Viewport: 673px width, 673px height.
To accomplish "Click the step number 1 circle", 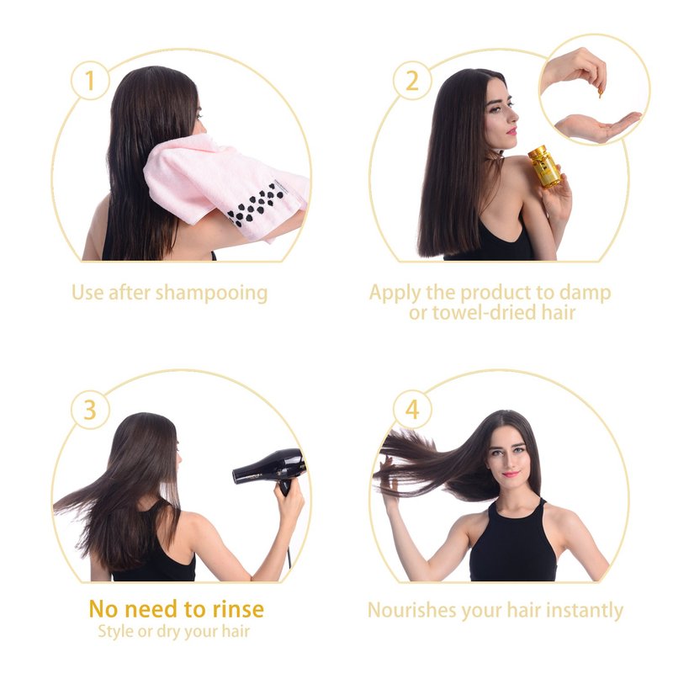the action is pyautogui.click(x=89, y=80).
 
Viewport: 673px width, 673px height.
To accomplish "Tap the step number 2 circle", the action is pyautogui.click(x=412, y=80).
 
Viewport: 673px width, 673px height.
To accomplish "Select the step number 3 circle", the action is pyautogui.click(x=89, y=410).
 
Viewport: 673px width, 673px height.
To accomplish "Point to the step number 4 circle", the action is pyautogui.click(x=412, y=410).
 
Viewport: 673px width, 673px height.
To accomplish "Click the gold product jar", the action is pyautogui.click(x=544, y=167).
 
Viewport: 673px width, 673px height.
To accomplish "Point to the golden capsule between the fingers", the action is pyautogui.click(x=600, y=93).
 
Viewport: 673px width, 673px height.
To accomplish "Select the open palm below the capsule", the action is pyautogui.click(x=597, y=126).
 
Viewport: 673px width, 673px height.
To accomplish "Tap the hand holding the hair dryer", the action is pyautogui.click(x=289, y=509).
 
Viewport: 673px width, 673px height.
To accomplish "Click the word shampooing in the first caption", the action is pyautogui.click(x=211, y=294).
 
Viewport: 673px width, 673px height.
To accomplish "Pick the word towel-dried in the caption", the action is pyautogui.click(x=484, y=312).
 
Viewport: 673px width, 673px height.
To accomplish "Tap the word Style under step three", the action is pyautogui.click(x=116, y=632).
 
